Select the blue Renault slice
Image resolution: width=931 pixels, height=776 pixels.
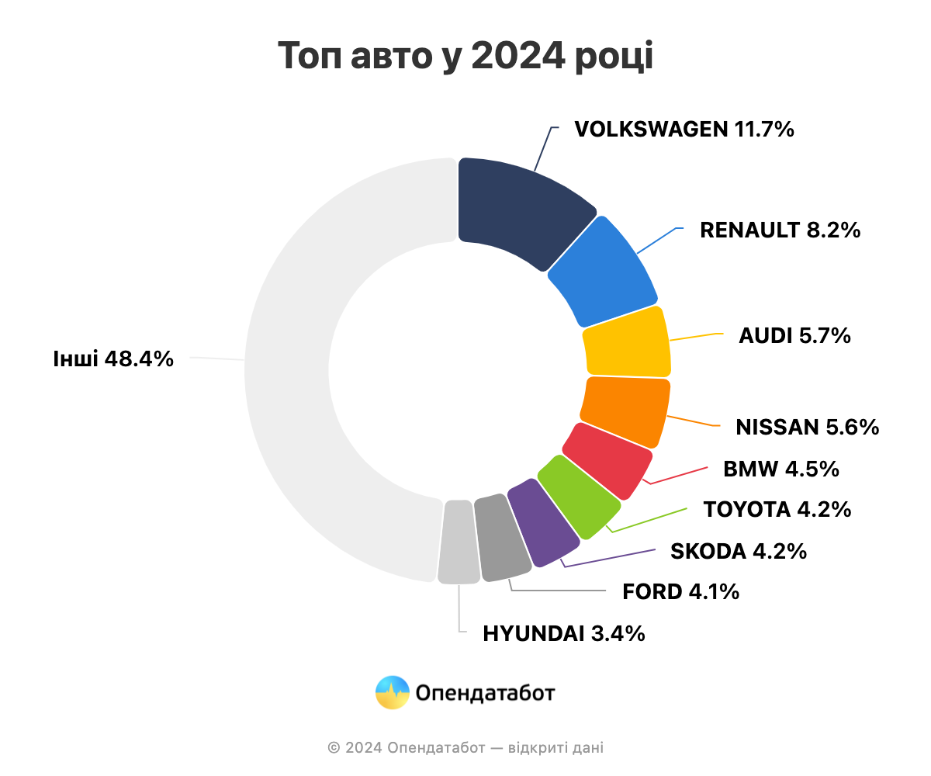coord(603,273)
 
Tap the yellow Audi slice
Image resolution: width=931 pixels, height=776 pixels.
coord(627,342)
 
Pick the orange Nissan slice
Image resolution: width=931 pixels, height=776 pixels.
coord(625,411)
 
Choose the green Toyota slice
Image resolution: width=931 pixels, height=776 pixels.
coord(580,497)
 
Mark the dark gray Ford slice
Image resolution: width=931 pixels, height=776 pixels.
coord(503,538)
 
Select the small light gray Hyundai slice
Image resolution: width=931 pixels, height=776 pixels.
coord(459,542)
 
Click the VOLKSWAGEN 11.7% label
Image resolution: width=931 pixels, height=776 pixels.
coord(684,130)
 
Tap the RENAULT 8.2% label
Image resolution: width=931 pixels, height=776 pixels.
coord(780,230)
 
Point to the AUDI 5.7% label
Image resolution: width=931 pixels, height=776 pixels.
coord(794,335)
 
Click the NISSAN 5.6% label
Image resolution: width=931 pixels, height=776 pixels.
coord(807,427)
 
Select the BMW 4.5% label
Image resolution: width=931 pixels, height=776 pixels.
coord(780,469)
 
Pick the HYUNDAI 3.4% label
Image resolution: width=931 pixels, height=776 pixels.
coord(563,633)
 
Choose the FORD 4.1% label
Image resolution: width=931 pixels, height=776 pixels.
coord(680,591)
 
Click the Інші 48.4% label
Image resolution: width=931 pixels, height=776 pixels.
coord(113,359)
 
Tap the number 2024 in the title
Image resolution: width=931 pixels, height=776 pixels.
coord(517,56)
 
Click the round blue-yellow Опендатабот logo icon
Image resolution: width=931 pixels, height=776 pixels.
coord(393,692)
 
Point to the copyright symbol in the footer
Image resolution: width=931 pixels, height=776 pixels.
coord(334,748)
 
